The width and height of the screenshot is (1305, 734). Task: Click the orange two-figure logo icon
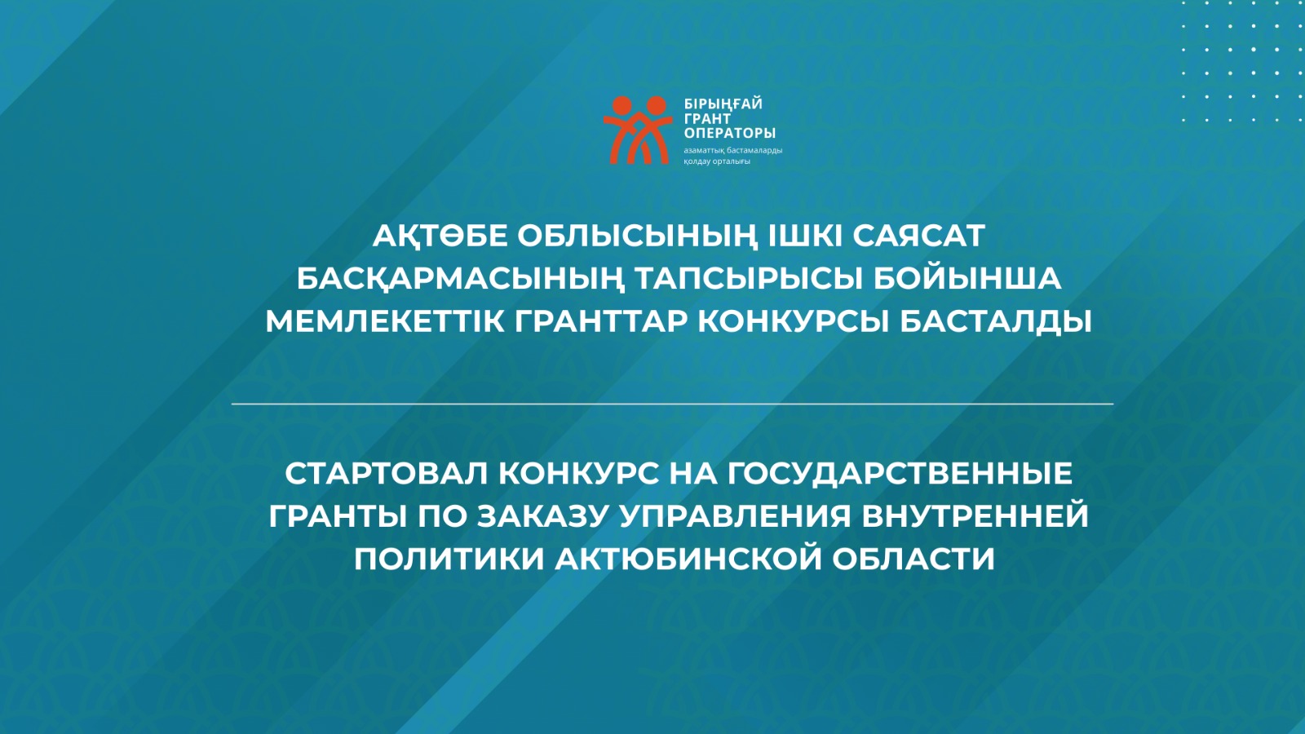[x=638, y=130]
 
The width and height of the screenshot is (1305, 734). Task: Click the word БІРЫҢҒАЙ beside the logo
[x=723, y=104]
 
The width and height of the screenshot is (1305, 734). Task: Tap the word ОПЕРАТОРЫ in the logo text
[x=729, y=133]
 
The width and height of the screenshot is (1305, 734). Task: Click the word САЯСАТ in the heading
[x=918, y=236]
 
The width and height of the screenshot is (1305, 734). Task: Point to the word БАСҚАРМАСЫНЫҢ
[x=460, y=279]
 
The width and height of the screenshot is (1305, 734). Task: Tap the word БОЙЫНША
[x=967, y=279]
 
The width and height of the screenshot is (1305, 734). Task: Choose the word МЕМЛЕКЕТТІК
[x=385, y=321]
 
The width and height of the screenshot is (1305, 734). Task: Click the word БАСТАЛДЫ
[x=996, y=321]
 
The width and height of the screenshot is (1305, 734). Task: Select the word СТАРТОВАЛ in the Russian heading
[x=385, y=473]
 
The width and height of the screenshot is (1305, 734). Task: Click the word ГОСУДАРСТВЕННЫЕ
[x=900, y=473]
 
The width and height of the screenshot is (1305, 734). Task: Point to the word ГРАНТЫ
[x=338, y=516]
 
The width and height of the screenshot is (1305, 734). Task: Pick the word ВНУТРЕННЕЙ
[x=975, y=516]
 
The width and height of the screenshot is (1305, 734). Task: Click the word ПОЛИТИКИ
[x=449, y=559]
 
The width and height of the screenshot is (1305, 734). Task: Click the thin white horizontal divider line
[x=672, y=404]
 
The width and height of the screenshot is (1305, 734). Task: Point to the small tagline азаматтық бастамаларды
[x=732, y=150]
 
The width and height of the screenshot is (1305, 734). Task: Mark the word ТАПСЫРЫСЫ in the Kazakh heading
[x=748, y=279]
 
